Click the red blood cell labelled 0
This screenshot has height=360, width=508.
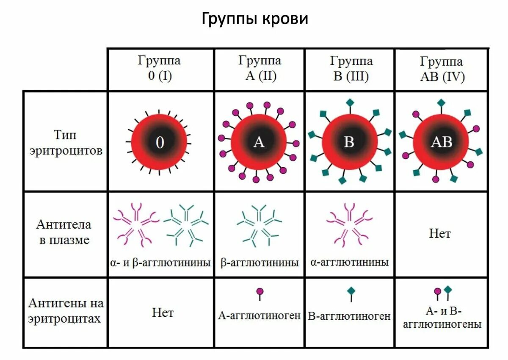click(x=159, y=142)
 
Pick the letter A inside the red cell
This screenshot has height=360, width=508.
click(x=259, y=142)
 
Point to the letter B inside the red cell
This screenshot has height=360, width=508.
click(x=349, y=142)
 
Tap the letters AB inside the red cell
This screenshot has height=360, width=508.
click(x=441, y=142)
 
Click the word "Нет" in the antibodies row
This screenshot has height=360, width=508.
click(x=440, y=233)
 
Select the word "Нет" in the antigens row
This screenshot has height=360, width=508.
click(x=163, y=313)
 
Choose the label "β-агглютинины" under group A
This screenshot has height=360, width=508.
click(x=260, y=263)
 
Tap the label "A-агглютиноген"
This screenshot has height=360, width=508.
click(x=260, y=316)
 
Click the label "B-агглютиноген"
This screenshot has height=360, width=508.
click(x=349, y=316)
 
